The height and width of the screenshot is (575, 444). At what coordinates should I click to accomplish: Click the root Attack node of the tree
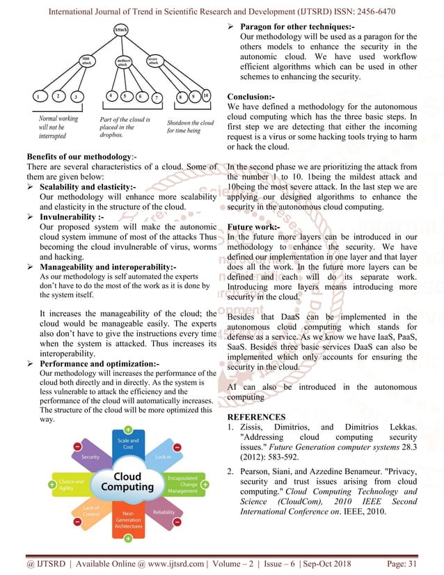tap(121, 31)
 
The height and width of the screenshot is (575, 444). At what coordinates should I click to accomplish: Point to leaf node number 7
tap(158, 97)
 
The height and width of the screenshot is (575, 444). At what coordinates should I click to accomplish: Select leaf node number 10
tap(205, 95)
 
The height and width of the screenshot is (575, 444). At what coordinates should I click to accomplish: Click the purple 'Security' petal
tap(90, 457)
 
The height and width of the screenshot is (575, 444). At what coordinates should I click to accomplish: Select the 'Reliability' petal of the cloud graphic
tap(164, 512)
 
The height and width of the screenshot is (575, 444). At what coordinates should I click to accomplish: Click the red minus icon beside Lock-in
tap(178, 446)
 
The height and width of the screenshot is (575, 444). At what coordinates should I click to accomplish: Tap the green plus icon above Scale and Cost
tap(129, 429)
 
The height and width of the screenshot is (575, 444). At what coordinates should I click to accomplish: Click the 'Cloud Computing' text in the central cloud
tap(127, 482)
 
